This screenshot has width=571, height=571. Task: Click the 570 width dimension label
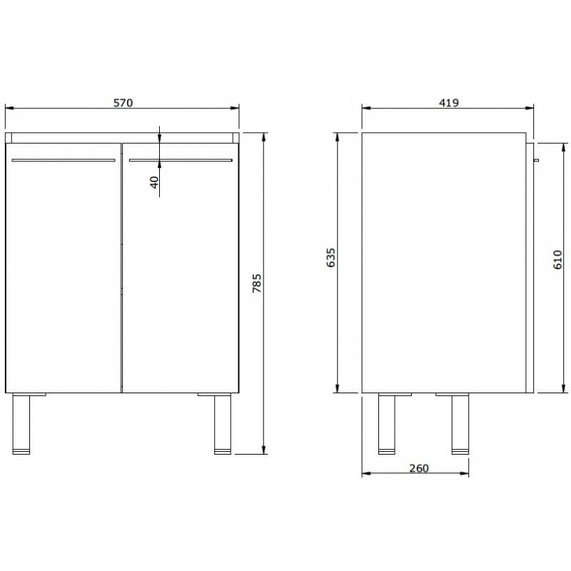click(123, 103)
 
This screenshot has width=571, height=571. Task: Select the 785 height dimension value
click(257, 283)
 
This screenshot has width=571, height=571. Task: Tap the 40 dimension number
click(155, 182)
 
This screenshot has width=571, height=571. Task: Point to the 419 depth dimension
click(449, 103)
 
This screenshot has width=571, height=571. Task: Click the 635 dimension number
click(331, 258)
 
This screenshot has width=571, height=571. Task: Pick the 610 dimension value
click(557, 260)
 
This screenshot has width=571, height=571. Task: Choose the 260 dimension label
click(419, 468)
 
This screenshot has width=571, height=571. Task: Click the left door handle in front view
click(64, 160)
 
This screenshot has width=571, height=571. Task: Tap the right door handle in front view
click(181, 160)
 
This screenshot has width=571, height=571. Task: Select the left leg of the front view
click(21, 424)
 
